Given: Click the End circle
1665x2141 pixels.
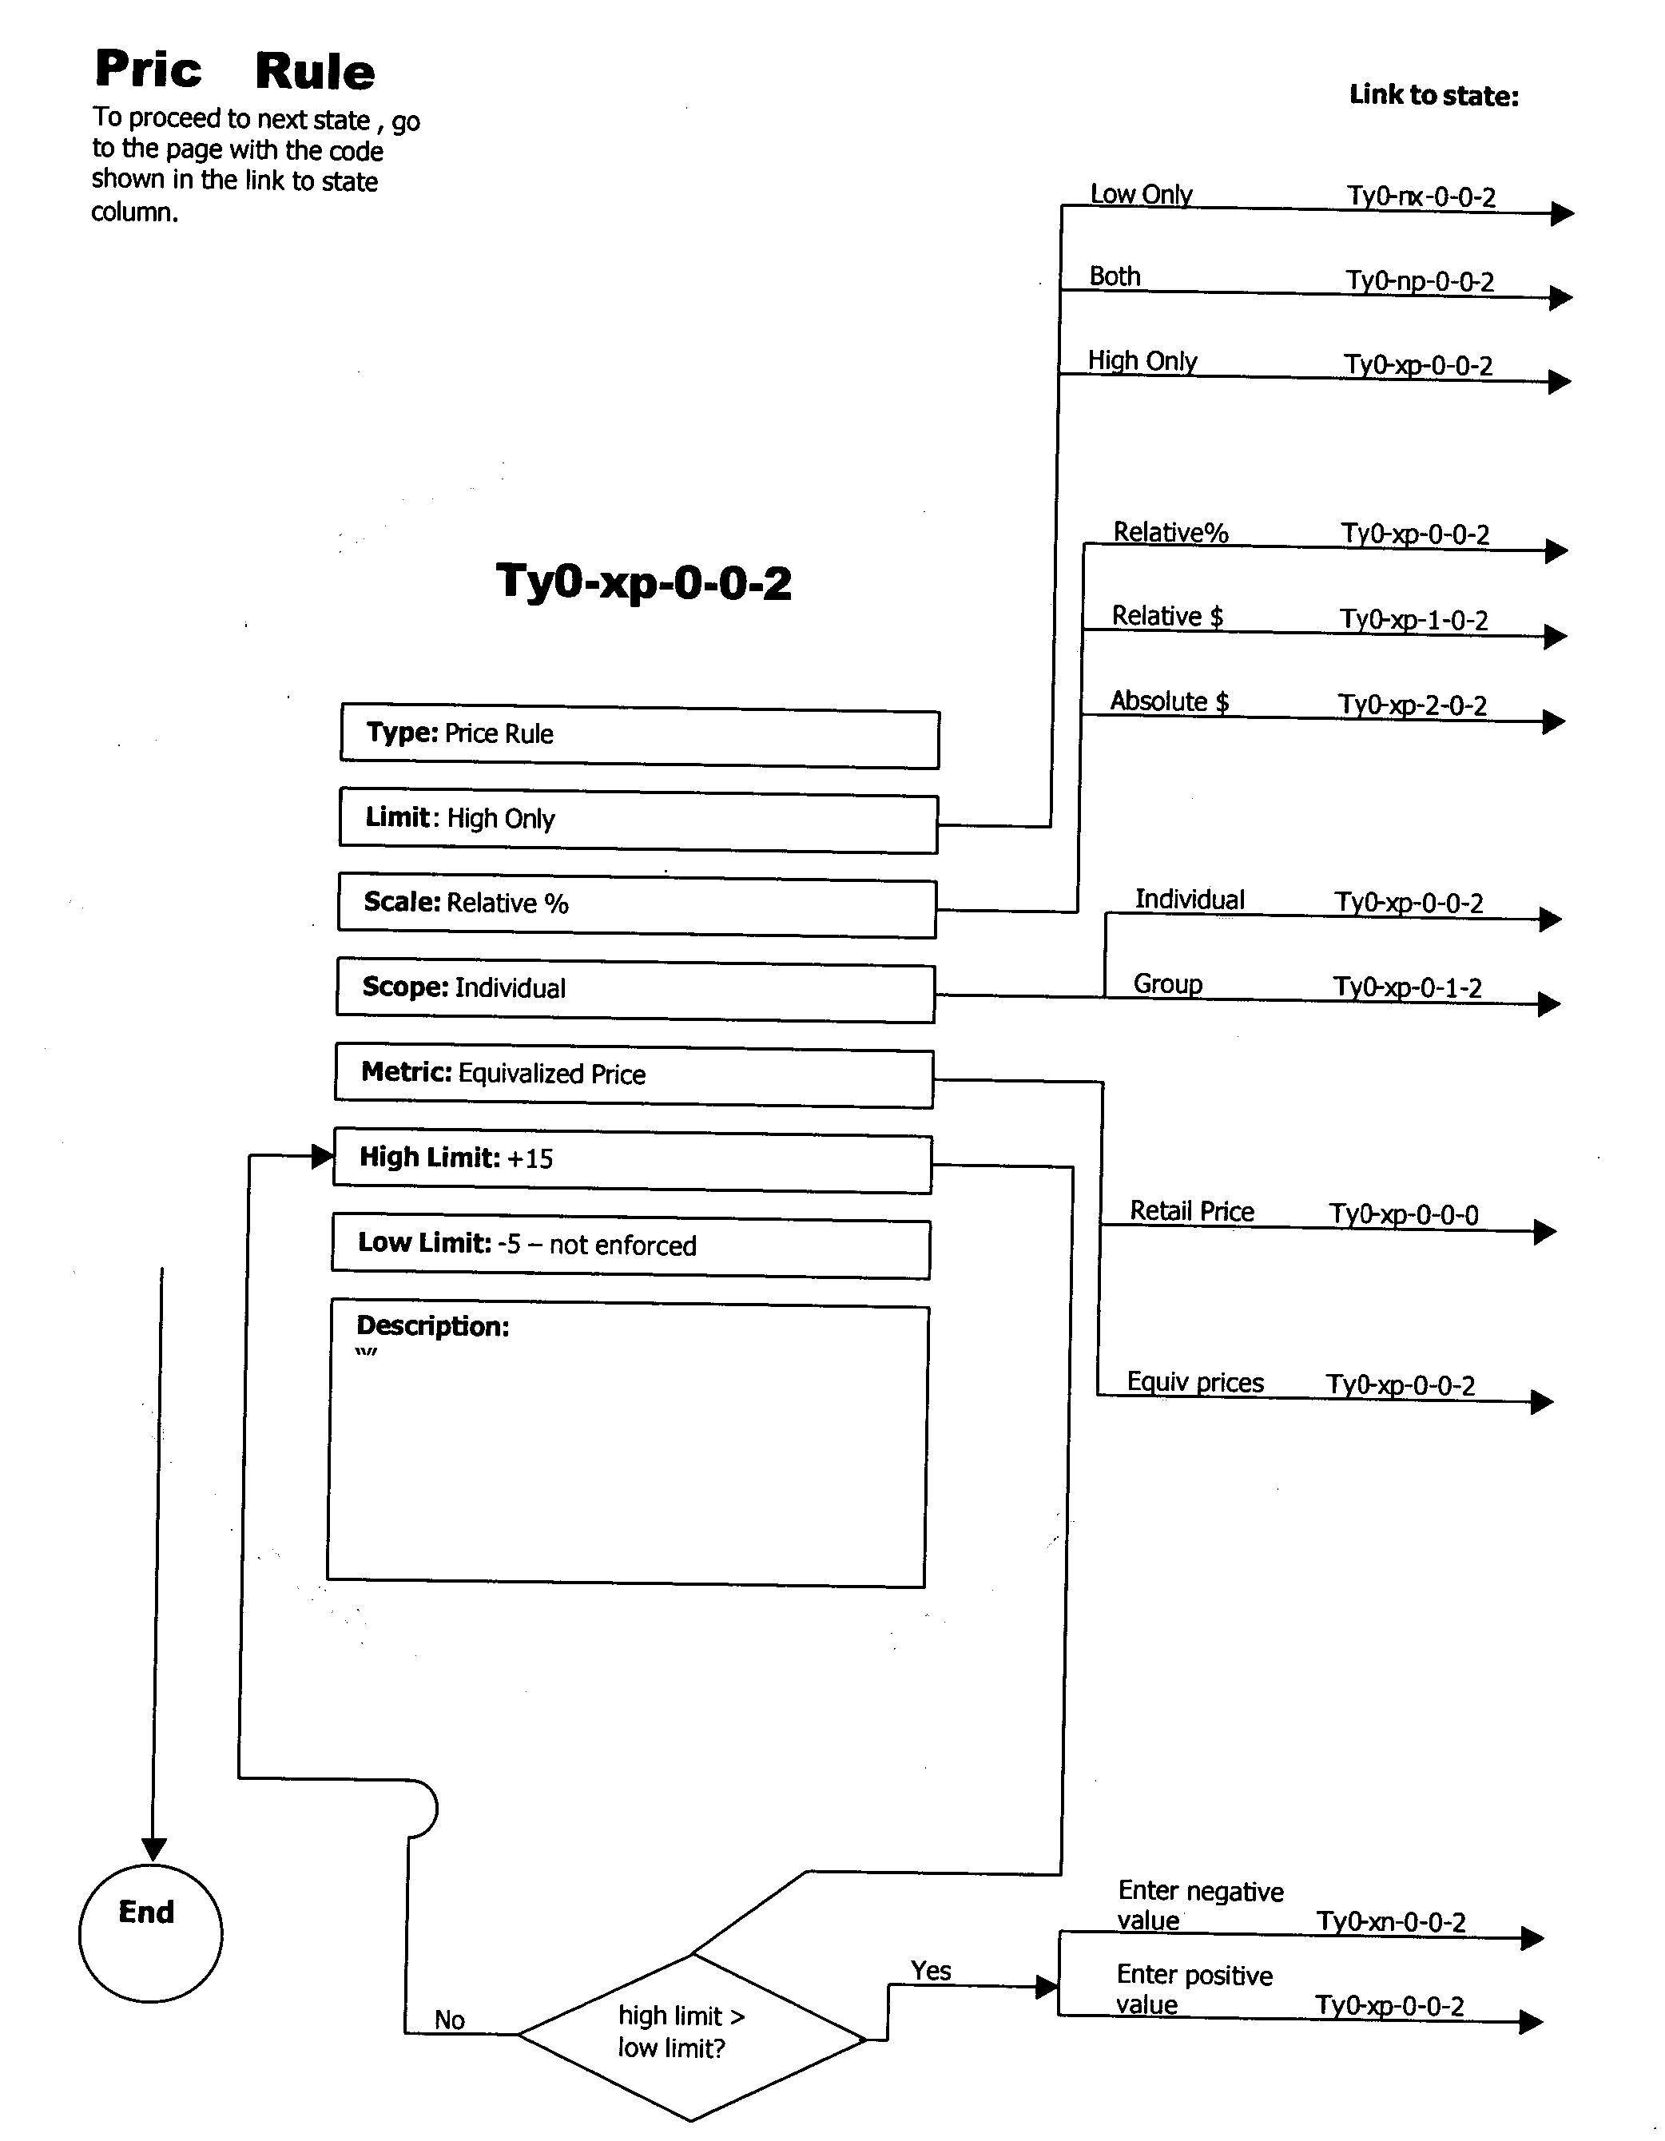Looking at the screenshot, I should (150, 1932).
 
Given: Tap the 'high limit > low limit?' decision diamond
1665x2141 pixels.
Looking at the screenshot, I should (691, 2037).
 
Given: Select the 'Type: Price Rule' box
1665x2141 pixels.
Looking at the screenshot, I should (639, 737).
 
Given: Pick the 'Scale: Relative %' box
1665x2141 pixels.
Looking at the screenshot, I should (638, 907).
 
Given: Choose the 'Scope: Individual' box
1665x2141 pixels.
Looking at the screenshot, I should (635, 992).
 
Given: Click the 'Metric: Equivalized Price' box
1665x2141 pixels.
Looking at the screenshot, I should (634, 1078).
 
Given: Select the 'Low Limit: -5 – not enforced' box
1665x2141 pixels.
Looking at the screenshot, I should (630, 1248).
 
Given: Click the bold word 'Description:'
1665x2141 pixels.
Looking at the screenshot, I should (432, 1326).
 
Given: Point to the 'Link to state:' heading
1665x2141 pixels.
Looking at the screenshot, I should (1433, 96).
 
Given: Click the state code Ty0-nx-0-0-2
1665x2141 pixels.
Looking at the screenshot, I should (1421, 197).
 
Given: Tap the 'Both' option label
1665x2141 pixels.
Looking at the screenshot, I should (1115, 276).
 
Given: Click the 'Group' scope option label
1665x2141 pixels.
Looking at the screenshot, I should (1168, 984).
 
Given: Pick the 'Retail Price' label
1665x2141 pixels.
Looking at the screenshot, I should (1191, 1212).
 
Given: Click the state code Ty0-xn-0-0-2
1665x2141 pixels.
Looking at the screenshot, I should (1390, 1922).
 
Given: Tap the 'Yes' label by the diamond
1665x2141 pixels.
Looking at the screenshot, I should (931, 1970).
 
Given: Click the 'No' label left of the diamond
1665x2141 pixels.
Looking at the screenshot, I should (449, 2020).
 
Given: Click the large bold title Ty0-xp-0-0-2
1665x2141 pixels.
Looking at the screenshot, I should (643, 582).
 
